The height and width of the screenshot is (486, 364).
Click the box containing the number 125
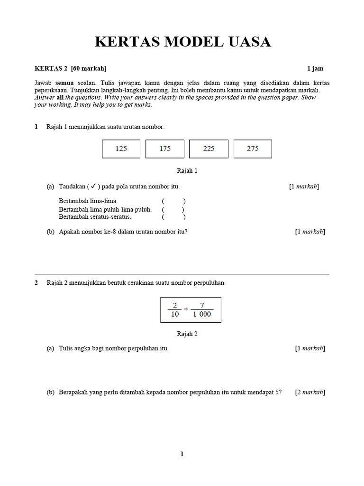(x=121, y=149)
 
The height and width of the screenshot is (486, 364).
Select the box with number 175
(x=165, y=149)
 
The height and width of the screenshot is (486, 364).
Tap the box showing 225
(x=209, y=149)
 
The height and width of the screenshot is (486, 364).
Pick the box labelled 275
(x=253, y=149)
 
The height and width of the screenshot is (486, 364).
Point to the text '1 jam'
(x=315, y=68)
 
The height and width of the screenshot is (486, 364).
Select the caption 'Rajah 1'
(x=187, y=170)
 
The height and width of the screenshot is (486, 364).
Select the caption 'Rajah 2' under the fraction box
(x=187, y=334)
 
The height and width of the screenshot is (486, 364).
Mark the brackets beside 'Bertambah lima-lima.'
(x=173, y=201)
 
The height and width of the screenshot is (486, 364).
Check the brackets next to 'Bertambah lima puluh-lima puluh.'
(x=173, y=209)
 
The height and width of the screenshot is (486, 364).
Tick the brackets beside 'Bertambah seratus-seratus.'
(x=173, y=217)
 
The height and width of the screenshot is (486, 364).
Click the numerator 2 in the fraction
(x=174, y=305)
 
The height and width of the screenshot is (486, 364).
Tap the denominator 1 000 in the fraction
(x=202, y=314)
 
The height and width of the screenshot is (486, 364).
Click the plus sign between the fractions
(x=186, y=309)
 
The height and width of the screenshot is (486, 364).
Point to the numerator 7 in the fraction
(x=202, y=305)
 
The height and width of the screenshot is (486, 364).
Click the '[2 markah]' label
(x=310, y=392)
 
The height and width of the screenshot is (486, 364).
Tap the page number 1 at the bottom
(x=182, y=454)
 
